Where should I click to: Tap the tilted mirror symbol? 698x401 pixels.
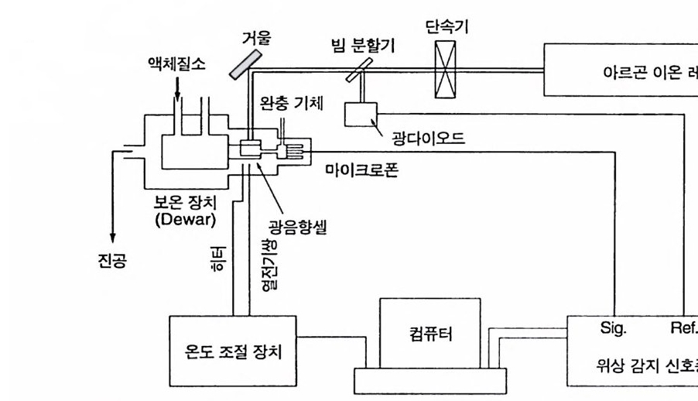coord(245,63)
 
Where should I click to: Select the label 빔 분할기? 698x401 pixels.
coord(358,46)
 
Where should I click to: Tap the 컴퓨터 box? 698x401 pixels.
coord(425,334)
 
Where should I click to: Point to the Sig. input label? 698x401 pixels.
coord(613,327)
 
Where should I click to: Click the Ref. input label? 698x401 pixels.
coord(683,327)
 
